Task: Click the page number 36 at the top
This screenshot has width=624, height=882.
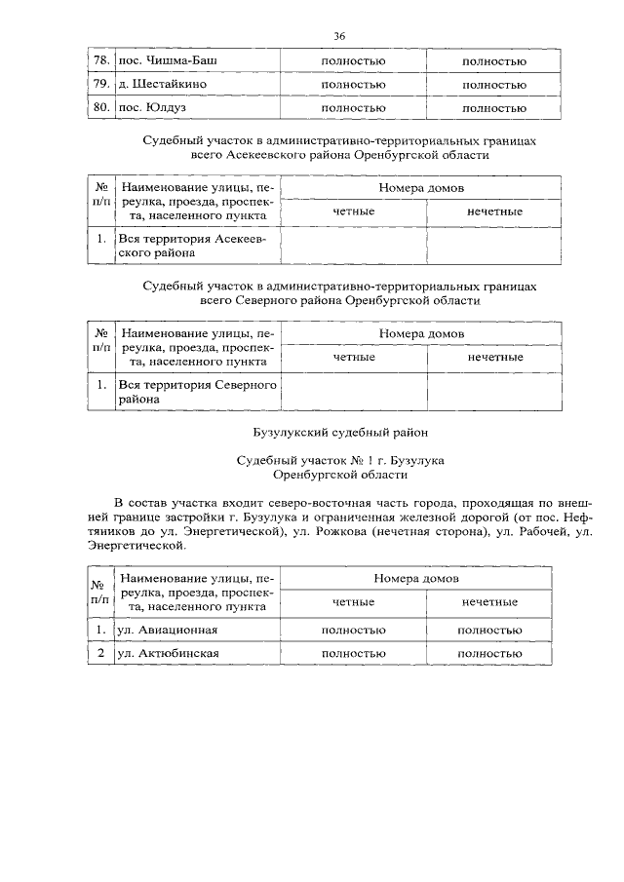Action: (x=339, y=36)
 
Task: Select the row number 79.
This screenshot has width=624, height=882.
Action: (x=100, y=85)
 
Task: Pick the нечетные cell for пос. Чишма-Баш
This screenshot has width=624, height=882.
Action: (x=494, y=61)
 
